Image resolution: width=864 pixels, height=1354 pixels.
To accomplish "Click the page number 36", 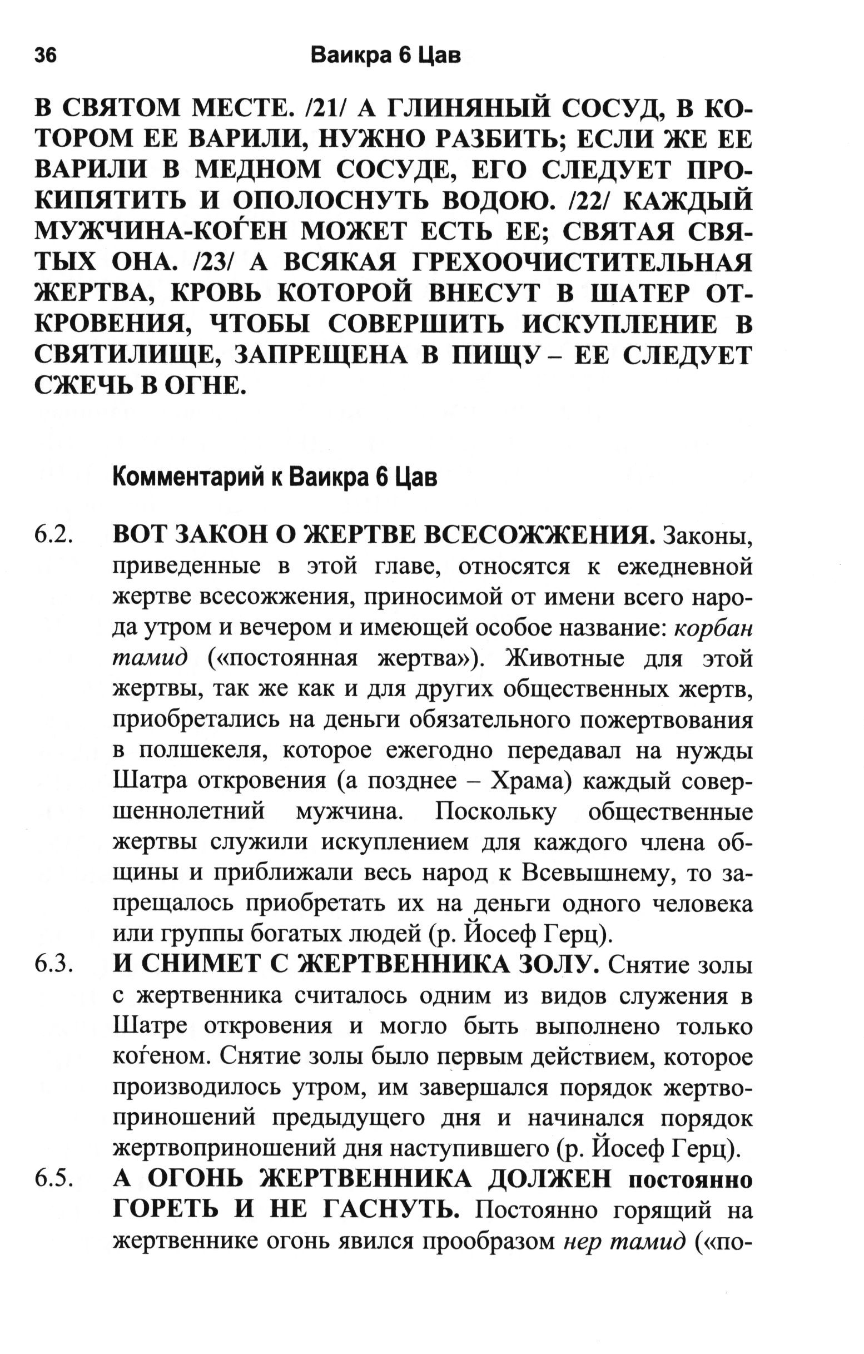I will click(45, 56).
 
